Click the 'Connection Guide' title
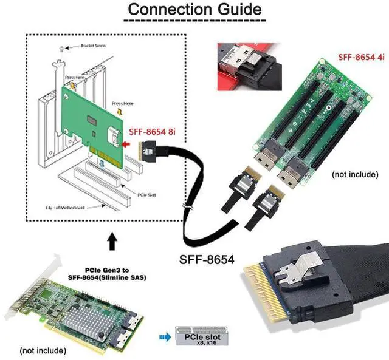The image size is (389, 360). (x=194, y=10)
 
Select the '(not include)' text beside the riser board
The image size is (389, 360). (x=355, y=174)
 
